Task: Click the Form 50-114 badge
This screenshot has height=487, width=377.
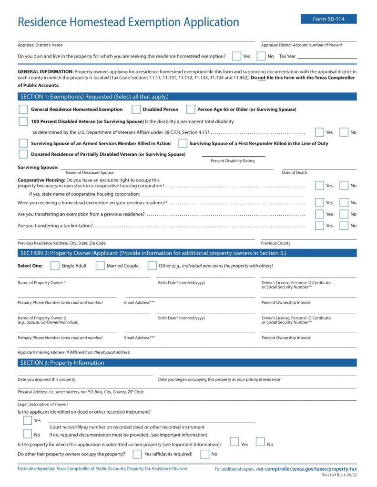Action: pyautogui.click(x=328, y=19)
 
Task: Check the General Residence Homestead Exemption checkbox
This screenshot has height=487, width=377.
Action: pyautogui.click(x=23, y=109)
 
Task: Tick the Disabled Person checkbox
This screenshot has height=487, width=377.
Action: pyautogui.click(x=136, y=109)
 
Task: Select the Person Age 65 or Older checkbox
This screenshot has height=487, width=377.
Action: pyautogui.click(x=191, y=109)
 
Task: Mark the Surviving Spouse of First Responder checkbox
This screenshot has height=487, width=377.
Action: pyautogui.click(x=183, y=143)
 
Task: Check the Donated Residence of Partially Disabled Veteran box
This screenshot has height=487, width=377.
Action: pyautogui.click(x=23, y=154)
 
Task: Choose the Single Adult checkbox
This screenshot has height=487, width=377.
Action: pyautogui.click(x=55, y=266)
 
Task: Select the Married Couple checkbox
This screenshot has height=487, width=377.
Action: pyautogui.click(x=100, y=266)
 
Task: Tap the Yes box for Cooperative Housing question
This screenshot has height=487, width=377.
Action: pyautogui.click(x=319, y=186)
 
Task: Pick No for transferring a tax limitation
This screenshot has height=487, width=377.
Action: pyautogui.click(x=344, y=226)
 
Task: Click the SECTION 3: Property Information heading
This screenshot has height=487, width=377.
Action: pyautogui.click(x=62, y=363)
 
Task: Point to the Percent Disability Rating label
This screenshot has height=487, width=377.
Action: pyautogui.click(x=233, y=161)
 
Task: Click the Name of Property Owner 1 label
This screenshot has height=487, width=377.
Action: pyautogui.click(x=42, y=283)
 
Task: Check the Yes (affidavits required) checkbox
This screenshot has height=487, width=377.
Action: pyautogui.click(x=137, y=454)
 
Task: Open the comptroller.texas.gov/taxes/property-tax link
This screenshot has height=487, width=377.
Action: pyautogui.click(x=311, y=469)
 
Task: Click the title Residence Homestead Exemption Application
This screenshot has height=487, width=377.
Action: pyautogui.click(x=128, y=22)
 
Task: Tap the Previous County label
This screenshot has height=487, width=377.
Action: pyautogui.click(x=275, y=243)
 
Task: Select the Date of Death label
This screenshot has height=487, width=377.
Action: pyautogui.click(x=295, y=172)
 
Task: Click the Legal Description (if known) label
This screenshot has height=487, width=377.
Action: pyautogui.click(x=42, y=404)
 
